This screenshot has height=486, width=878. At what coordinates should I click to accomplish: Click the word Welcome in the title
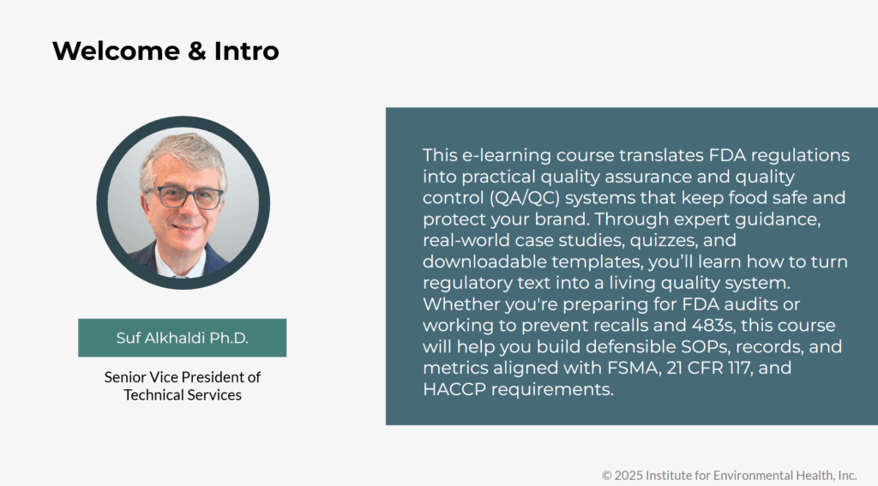[117, 51]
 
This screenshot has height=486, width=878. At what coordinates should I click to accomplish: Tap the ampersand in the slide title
[197, 51]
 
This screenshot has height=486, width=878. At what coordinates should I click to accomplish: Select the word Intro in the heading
[246, 51]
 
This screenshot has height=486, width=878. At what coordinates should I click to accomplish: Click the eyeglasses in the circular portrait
[186, 197]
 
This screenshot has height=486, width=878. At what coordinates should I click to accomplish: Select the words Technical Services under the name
[183, 395]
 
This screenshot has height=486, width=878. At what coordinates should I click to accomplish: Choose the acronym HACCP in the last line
[454, 389]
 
